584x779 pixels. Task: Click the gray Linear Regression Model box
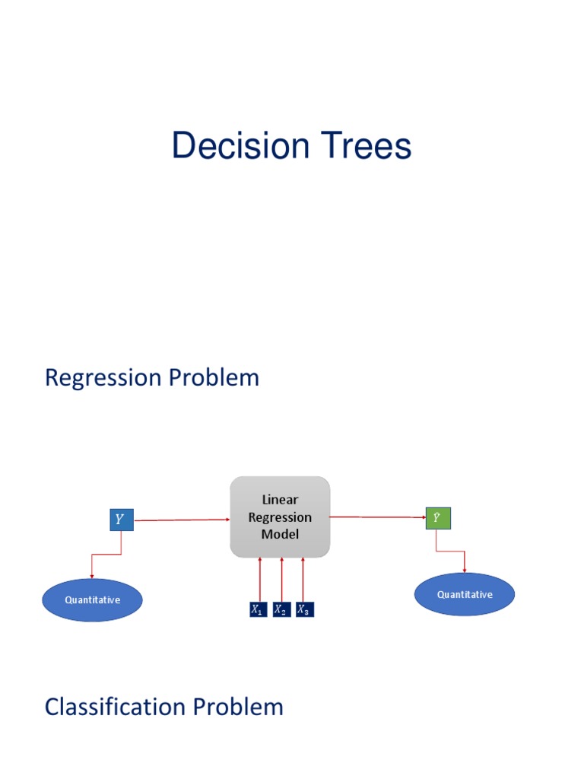[280, 517]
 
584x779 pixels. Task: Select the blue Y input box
[121, 520]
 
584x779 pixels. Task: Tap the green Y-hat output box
[437, 518]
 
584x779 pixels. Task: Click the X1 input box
[259, 609]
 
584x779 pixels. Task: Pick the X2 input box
[281, 609]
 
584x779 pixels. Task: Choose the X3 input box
[304, 609]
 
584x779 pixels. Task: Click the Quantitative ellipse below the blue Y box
[92, 600]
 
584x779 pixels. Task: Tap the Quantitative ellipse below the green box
[464, 594]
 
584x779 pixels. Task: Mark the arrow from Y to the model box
[181, 520]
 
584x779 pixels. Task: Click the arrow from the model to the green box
[377, 517]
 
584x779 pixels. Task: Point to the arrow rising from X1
[260, 578]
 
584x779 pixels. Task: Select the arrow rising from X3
[303, 578]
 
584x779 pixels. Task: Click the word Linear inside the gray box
[280, 500]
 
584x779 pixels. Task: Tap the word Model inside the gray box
[280, 534]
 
